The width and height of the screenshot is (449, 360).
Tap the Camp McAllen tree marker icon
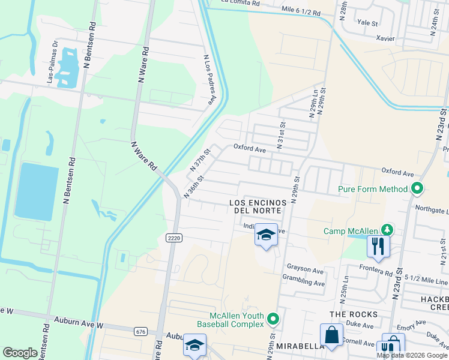click(388, 230)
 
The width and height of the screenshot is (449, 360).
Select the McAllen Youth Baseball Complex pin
click(274, 319)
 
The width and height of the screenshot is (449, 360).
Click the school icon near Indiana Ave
click(266, 235)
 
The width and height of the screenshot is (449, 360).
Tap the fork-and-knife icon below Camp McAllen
click(378, 246)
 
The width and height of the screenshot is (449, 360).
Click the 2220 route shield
click(174, 238)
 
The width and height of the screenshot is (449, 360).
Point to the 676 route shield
click(141, 331)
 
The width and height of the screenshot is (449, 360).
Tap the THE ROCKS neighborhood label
click(354, 314)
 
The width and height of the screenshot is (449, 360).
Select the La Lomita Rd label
click(240, 3)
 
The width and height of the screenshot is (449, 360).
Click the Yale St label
click(367, 23)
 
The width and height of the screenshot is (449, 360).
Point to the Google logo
click(20, 353)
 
